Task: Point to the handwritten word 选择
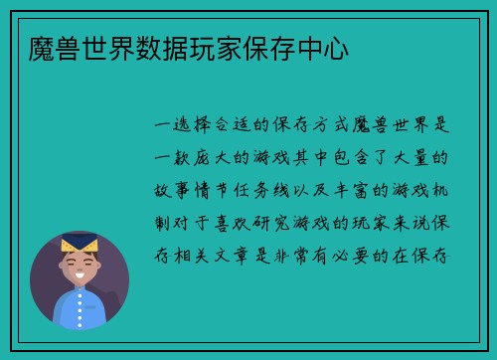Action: point(193,126)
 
